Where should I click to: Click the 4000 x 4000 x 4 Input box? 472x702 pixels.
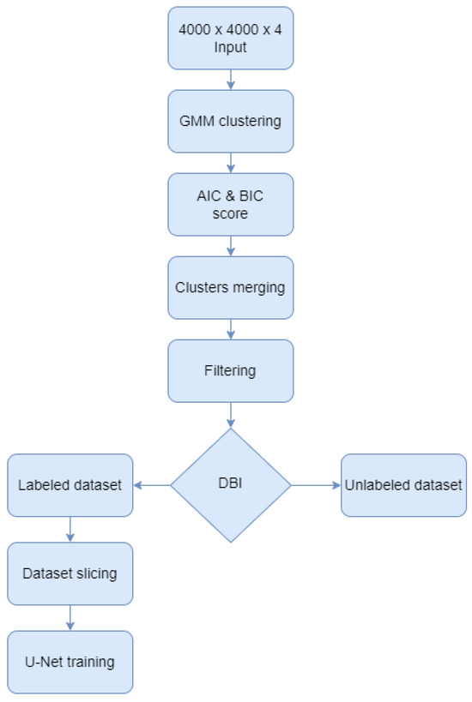(230, 38)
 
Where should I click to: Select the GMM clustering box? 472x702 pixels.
(230, 121)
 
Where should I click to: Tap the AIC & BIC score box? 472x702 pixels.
(230, 204)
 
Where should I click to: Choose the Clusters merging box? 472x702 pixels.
(230, 287)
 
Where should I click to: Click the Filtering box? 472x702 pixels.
(230, 370)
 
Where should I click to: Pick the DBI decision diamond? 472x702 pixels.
(230, 485)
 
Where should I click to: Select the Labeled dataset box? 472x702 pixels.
(70, 485)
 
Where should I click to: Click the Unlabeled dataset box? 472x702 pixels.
(403, 485)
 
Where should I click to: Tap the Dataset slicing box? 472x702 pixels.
(70, 573)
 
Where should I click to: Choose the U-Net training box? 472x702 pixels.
(70, 662)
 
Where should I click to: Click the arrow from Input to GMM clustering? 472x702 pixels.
(230, 79)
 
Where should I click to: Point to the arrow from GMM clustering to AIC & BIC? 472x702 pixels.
(230, 162)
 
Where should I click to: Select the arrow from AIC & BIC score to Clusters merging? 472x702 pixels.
(230, 245)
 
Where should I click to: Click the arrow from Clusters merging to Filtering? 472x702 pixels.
(230, 328)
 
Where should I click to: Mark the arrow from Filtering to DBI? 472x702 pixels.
(230, 415)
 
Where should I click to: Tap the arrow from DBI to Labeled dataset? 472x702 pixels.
(152, 485)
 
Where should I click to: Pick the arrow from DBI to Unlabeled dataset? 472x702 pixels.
(315, 485)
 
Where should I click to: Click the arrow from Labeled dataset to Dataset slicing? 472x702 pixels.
(70, 529)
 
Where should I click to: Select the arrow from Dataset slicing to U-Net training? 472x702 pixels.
(70, 617)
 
